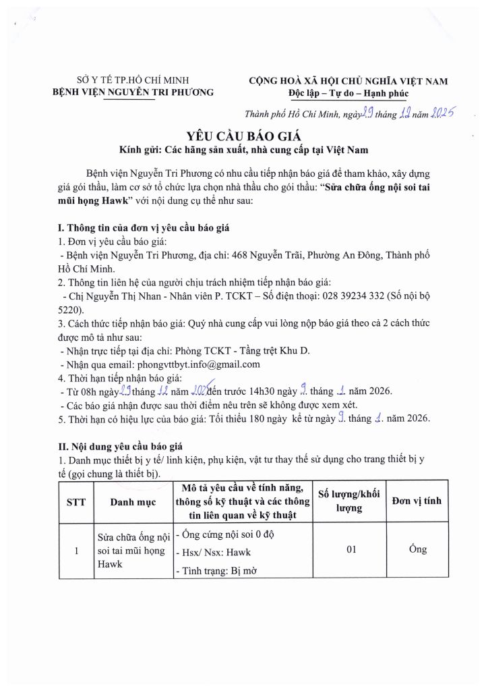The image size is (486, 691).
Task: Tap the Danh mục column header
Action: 133,501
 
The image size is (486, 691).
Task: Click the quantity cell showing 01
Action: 351,550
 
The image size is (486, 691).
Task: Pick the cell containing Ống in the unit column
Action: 417,549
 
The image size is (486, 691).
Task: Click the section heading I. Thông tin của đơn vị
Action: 144,228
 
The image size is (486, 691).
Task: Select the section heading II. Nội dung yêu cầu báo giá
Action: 127,447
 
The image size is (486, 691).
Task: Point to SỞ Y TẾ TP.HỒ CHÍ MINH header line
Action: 133,81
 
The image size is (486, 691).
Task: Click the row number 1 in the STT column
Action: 77,551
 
